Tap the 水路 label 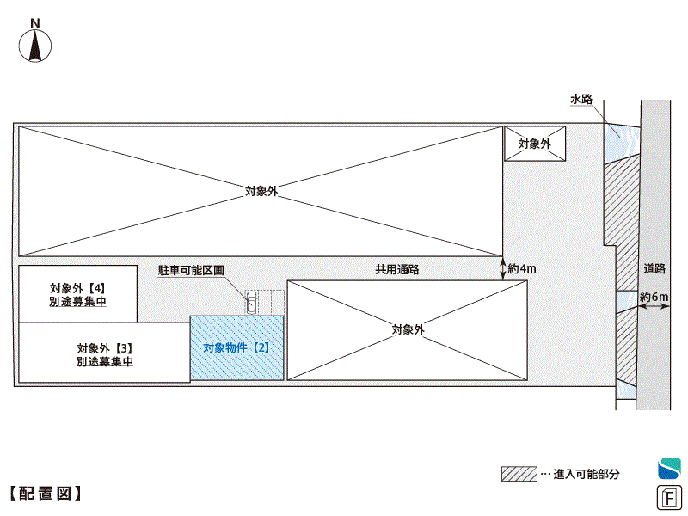[x=581, y=100]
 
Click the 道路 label [x=654, y=268]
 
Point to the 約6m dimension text [x=654, y=298]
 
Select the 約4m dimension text [x=522, y=269]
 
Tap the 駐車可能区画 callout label [x=191, y=269]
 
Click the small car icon [x=251, y=302]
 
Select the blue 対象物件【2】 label [x=236, y=348]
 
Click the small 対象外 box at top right [x=534, y=144]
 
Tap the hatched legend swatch [x=519, y=474]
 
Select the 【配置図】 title [x=46, y=494]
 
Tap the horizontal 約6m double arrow [x=654, y=308]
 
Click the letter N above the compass [x=34, y=22]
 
